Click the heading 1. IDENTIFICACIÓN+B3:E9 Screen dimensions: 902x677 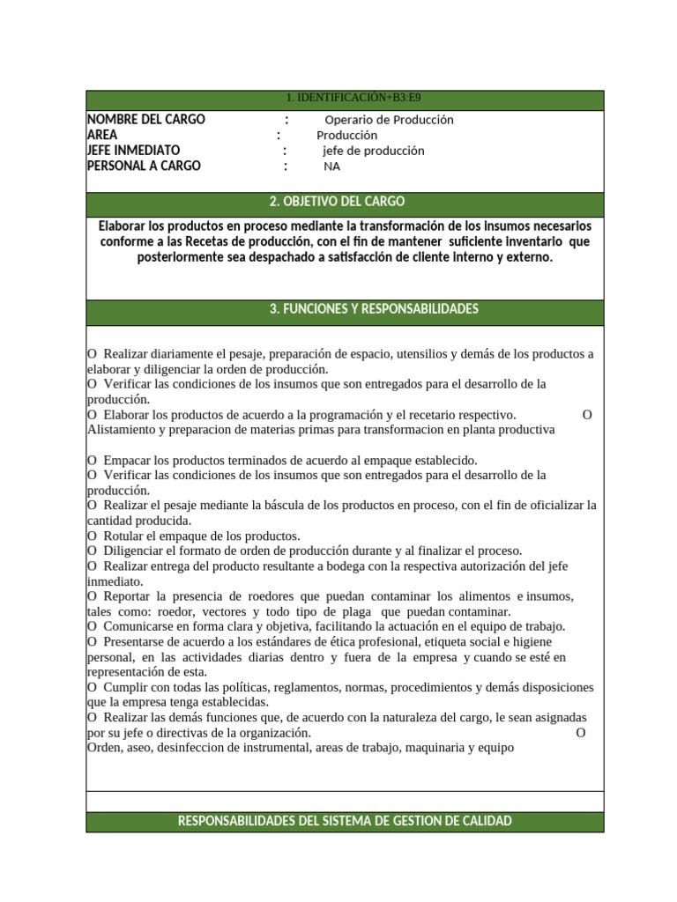point(345,99)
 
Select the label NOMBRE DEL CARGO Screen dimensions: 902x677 point(146,120)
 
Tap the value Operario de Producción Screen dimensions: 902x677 point(389,120)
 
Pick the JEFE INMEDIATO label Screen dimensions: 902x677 point(134,151)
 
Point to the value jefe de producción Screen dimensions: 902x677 point(373,151)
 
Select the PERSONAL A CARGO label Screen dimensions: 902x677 point(145,166)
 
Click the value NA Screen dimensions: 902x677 point(332,166)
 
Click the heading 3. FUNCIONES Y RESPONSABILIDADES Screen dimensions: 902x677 point(374,309)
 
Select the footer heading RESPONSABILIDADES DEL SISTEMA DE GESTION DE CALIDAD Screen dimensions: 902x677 point(345,821)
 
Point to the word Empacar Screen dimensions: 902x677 point(129,460)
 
